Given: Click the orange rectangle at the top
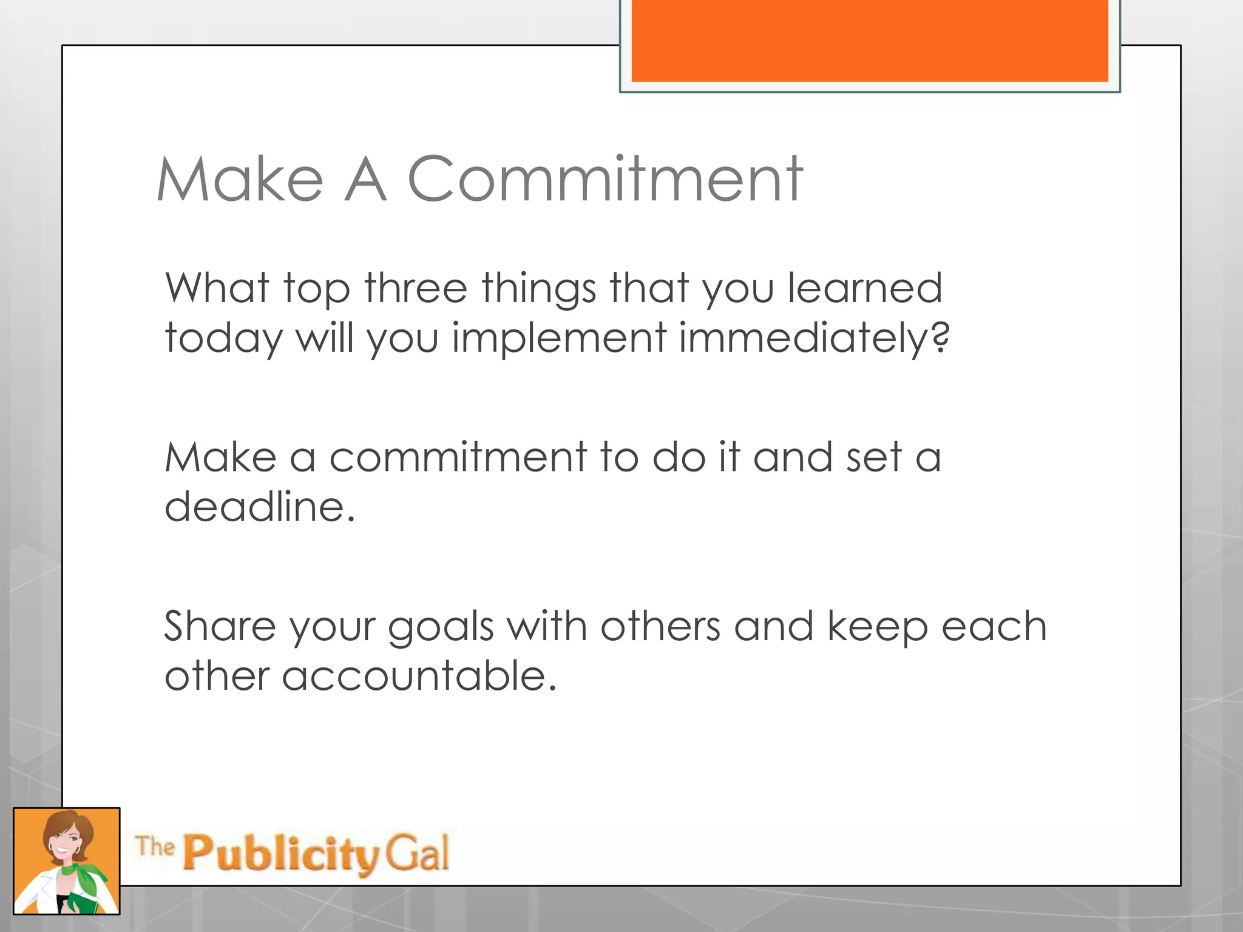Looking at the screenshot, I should coord(870,40).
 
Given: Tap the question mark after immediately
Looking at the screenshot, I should coord(940,337).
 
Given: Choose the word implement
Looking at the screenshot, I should coord(559,337).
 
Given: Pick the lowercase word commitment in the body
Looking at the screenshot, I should coord(458,457).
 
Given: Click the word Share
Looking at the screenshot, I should coord(220,626).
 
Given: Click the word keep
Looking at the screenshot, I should coord(878,627).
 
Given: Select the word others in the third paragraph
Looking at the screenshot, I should coord(660,626).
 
